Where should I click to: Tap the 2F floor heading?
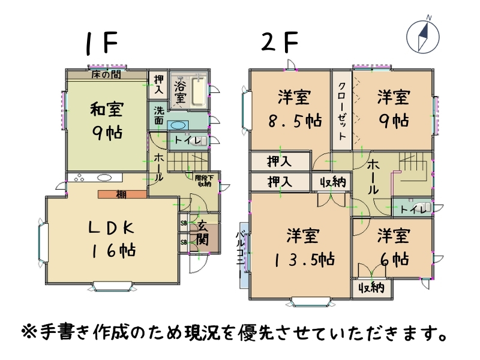coord(280,42)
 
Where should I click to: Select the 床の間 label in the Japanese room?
coord(106,74)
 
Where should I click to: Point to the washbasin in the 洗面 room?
coord(177,125)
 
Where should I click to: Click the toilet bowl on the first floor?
coord(201,142)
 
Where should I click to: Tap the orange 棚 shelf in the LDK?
coord(122,194)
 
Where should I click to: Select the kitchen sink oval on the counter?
coord(104,178)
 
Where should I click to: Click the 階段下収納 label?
coord(203,181)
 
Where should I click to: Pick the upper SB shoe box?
coord(184,223)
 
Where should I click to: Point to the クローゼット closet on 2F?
coord(342,110)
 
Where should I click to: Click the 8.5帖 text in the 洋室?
coord(295,121)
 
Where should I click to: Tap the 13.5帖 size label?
coord(304,260)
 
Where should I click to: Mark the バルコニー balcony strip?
coord(244,255)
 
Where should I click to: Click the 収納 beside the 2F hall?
coord(333,182)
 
